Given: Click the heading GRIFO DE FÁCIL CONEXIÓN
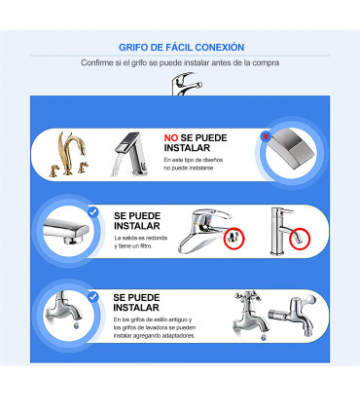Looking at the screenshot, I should (181, 47).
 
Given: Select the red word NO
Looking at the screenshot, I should (171, 138).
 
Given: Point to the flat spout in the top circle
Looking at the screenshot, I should (289, 147).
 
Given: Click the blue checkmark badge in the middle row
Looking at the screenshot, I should (93, 211).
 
